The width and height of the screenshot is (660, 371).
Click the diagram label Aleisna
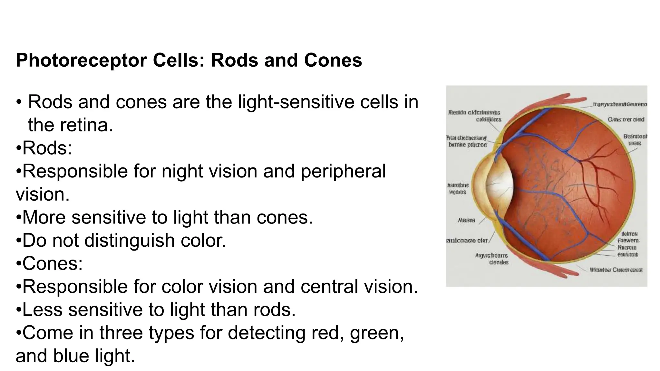[466, 220]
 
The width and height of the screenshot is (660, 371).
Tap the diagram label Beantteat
[635, 137]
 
